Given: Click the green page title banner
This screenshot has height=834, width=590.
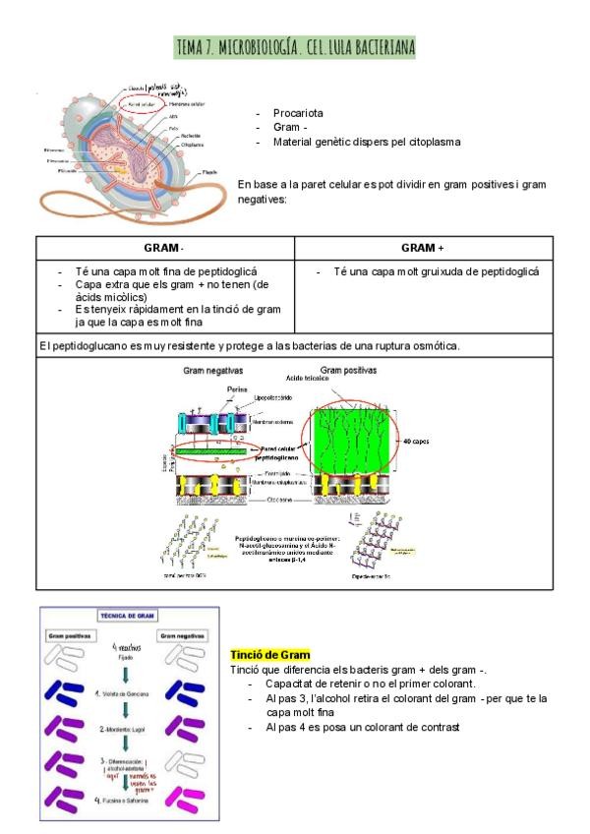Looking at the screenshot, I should pyautogui.click(x=294, y=46).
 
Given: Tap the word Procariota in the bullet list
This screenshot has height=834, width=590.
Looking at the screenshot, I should pyautogui.click(x=299, y=113).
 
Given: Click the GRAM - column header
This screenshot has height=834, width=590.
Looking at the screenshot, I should pyautogui.click(x=164, y=248).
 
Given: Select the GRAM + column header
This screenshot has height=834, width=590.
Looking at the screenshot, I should pyautogui.click(x=423, y=248).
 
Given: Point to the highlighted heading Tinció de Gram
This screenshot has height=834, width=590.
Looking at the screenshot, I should pyautogui.click(x=270, y=655).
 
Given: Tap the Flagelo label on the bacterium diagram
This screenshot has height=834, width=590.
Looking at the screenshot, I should pyautogui.click(x=209, y=172).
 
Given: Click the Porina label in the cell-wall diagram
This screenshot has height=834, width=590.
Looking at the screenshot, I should pyautogui.click(x=237, y=389).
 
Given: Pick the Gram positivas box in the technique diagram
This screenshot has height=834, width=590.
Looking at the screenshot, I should pyautogui.click(x=72, y=636).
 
